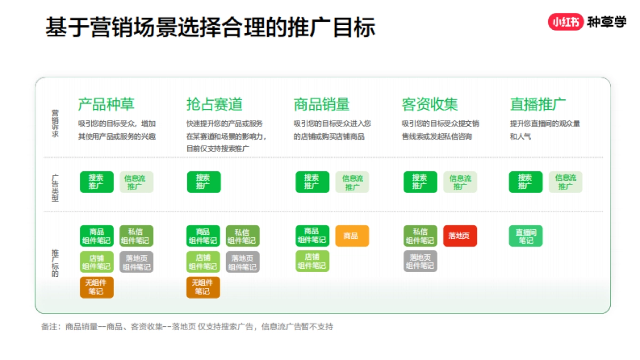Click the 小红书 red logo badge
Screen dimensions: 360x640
(565, 22)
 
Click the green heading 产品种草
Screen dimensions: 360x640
(106, 104)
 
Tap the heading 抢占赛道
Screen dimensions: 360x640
(214, 104)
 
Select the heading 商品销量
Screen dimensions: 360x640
(322, 104)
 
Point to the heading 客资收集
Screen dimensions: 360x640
(430, 104)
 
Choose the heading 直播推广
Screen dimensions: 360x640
(538, 104)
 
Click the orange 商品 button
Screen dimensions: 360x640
(352, 236)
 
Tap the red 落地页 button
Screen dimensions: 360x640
(460, 236)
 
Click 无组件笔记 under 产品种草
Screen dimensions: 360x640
(97, 287)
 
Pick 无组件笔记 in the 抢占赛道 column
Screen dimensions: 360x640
(203, 287)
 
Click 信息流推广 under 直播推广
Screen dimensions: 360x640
(565, 182)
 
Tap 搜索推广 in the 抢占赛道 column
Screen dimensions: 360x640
(203, 182)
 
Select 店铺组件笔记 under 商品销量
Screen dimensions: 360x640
(312, 261)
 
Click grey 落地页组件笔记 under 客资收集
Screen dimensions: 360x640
(420, 261)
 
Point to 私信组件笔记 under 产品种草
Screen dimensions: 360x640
(136, 236)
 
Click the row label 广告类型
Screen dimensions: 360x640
(55, 188)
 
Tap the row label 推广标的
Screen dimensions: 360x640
(55, 262)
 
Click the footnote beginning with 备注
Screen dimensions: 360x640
(187, 326)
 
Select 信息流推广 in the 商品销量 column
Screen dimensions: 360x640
(352, 182)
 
